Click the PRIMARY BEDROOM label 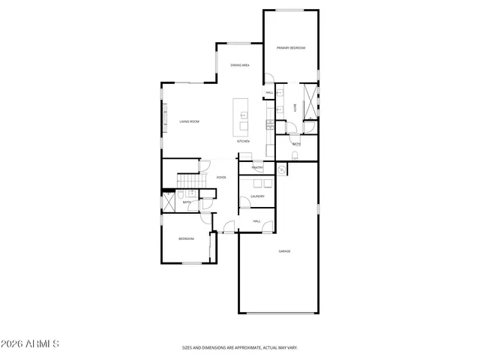(x=290, y=48)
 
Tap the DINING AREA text (x=240, y=65)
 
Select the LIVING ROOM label (x=189, y=121)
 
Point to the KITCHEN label (x=243, y=141)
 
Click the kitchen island (x=242, y=115)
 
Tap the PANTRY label (x=257, y=167)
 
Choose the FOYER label (x=221, y=178)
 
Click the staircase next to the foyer (x=189, y=182)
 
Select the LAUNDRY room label (x=257, y=196)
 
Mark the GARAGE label (x=284, y=251)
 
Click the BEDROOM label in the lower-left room (x=186, y=238)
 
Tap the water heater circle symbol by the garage (x=281, y=170)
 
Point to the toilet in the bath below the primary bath (x=295, y=155)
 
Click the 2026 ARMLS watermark (x=30, y=344)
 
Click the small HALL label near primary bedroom (x=268, y=93)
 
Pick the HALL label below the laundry (x=256, y=221)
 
